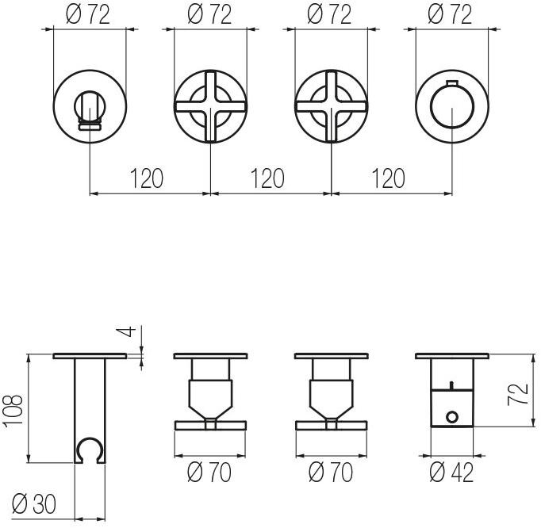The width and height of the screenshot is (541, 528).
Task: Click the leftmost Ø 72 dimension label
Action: (88, 15)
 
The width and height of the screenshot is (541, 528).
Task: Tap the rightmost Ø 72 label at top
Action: (450, 15)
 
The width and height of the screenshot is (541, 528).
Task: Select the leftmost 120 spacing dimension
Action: (146, 178)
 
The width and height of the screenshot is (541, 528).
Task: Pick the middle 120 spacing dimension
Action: (267, 178)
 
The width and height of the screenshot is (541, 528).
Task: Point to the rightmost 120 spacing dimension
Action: (388, 178)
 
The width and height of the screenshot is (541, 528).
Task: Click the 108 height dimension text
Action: (13, 411)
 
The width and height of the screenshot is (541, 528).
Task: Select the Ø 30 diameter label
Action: (34, 504)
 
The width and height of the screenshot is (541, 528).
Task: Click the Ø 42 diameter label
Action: (451, 473)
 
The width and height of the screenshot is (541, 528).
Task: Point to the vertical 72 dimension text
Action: (517, 394)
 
